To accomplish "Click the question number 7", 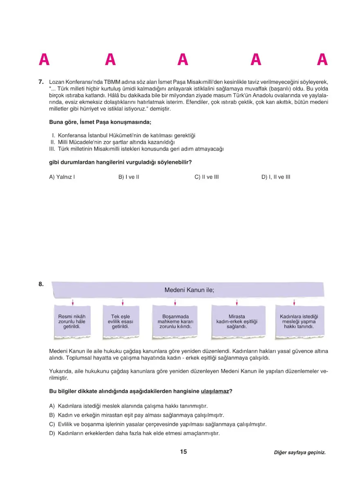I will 41,82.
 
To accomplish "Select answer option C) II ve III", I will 207,177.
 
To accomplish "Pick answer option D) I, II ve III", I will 276,177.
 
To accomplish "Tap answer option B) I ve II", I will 129,177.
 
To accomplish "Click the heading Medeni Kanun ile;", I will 189,290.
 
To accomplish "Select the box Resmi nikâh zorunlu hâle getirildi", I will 72,322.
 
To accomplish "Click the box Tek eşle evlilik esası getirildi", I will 123,322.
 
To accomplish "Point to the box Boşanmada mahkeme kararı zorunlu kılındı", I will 175,322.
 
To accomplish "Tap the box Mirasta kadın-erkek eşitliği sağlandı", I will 236,322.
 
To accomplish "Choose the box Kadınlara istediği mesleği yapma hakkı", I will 299,322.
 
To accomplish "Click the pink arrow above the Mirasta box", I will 237,302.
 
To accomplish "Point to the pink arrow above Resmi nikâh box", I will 72,302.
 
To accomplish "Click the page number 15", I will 183,452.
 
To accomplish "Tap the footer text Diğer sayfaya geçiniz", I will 300,453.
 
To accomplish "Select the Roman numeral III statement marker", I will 52,149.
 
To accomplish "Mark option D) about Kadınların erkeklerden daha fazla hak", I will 134,433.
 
